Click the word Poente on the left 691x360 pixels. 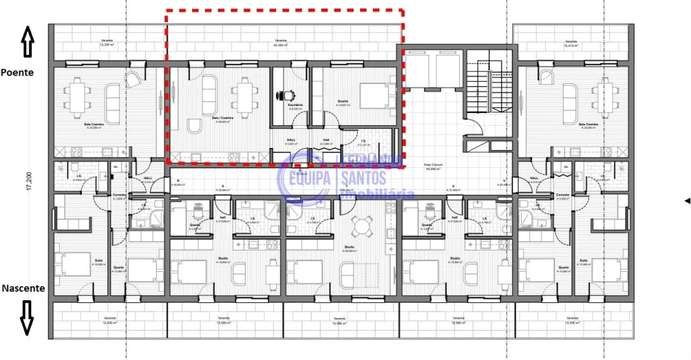tap(17, 73)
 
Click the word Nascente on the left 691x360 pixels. tap(23, 289)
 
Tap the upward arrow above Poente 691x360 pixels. tap(28, 42)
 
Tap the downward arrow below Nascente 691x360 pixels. tap(27, 317)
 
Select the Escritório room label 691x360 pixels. tap(295, 105)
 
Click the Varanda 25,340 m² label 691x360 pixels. tap(280, 43)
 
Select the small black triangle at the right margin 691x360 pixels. tap(687, 201)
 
